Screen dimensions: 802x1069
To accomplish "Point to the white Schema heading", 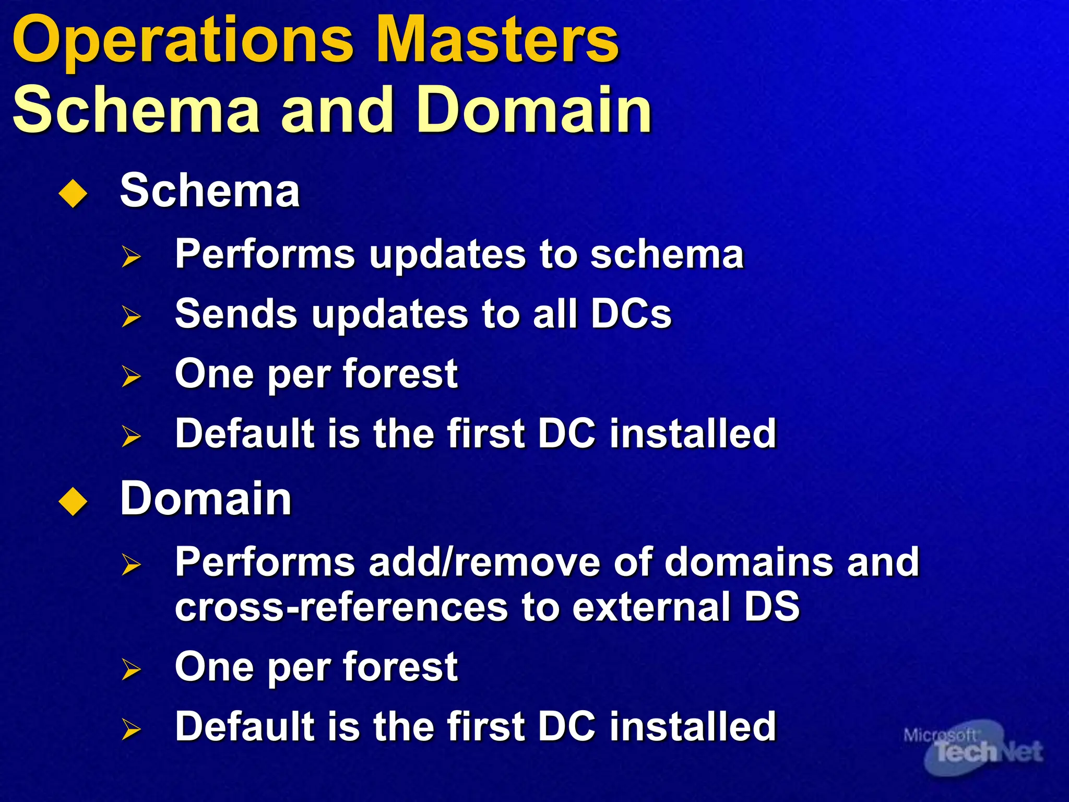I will pos(210,191).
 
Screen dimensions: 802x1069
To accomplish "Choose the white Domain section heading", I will pos(206,499).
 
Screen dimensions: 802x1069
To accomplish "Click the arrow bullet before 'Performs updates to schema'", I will pos(131,256).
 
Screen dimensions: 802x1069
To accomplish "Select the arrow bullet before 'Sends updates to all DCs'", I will pos(131,316).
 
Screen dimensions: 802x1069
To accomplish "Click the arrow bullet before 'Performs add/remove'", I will pos(131,564).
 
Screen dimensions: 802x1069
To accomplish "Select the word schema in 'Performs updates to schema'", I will pos(667,255).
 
